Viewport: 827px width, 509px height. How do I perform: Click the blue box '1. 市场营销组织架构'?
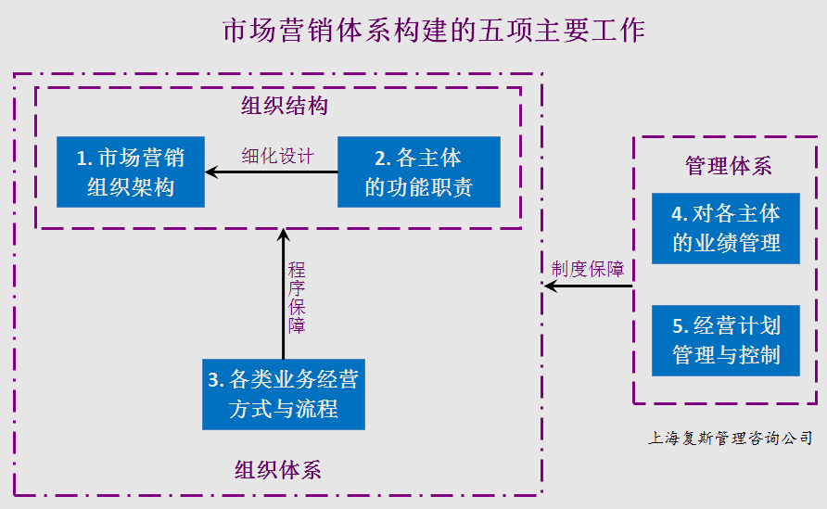point(130,172)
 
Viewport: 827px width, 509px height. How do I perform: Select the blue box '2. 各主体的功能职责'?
point(418,172)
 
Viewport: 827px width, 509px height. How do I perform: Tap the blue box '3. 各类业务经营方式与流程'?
point(283,394)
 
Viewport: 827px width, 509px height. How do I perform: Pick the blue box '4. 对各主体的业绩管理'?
point(725,229)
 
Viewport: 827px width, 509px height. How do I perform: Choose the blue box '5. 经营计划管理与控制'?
point(725,340)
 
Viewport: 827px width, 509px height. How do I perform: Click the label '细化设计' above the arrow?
point(277,155)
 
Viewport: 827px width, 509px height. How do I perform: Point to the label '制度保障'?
point(587,270)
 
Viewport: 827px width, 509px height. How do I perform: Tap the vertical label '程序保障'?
point(296,298)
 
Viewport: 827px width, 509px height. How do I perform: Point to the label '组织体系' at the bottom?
point(278,469)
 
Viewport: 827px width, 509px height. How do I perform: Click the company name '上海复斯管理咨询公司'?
point(730,439)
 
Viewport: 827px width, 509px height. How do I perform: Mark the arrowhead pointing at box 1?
point(210,172)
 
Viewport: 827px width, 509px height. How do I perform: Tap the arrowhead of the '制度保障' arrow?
point(549,287)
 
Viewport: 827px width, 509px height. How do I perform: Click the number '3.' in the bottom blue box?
point(215,380)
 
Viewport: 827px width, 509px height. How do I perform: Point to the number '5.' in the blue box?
point(680,326)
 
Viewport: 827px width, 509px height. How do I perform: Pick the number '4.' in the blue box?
point(680,214)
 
